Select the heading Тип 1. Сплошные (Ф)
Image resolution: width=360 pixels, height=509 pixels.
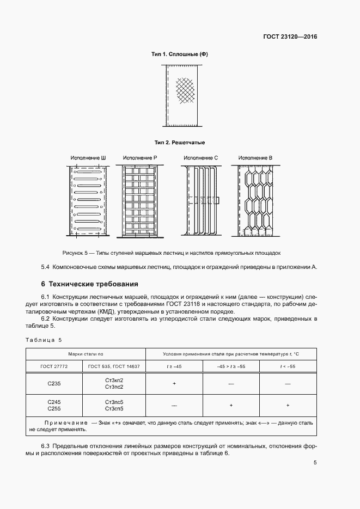tap(180, 54)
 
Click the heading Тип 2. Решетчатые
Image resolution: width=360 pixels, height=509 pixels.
tap(180, 143)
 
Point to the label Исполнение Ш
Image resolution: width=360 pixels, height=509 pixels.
tap(88, 158)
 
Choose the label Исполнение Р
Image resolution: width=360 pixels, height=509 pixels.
tap(140, 158)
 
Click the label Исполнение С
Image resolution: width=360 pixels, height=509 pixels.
tap(200, 158)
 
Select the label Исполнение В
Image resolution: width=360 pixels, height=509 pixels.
tap(255, 158)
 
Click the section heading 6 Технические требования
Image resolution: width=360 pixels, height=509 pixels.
tap(90, 284)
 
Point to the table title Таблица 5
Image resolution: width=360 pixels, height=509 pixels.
tap(44, 340)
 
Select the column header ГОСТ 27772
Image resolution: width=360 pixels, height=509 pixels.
tap(54, 367)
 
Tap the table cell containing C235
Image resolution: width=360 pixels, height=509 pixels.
tap(54, 383)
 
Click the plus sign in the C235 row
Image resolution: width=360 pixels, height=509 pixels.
tap(174, 383)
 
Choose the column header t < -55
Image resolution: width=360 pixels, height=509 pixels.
tap(288, 367)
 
